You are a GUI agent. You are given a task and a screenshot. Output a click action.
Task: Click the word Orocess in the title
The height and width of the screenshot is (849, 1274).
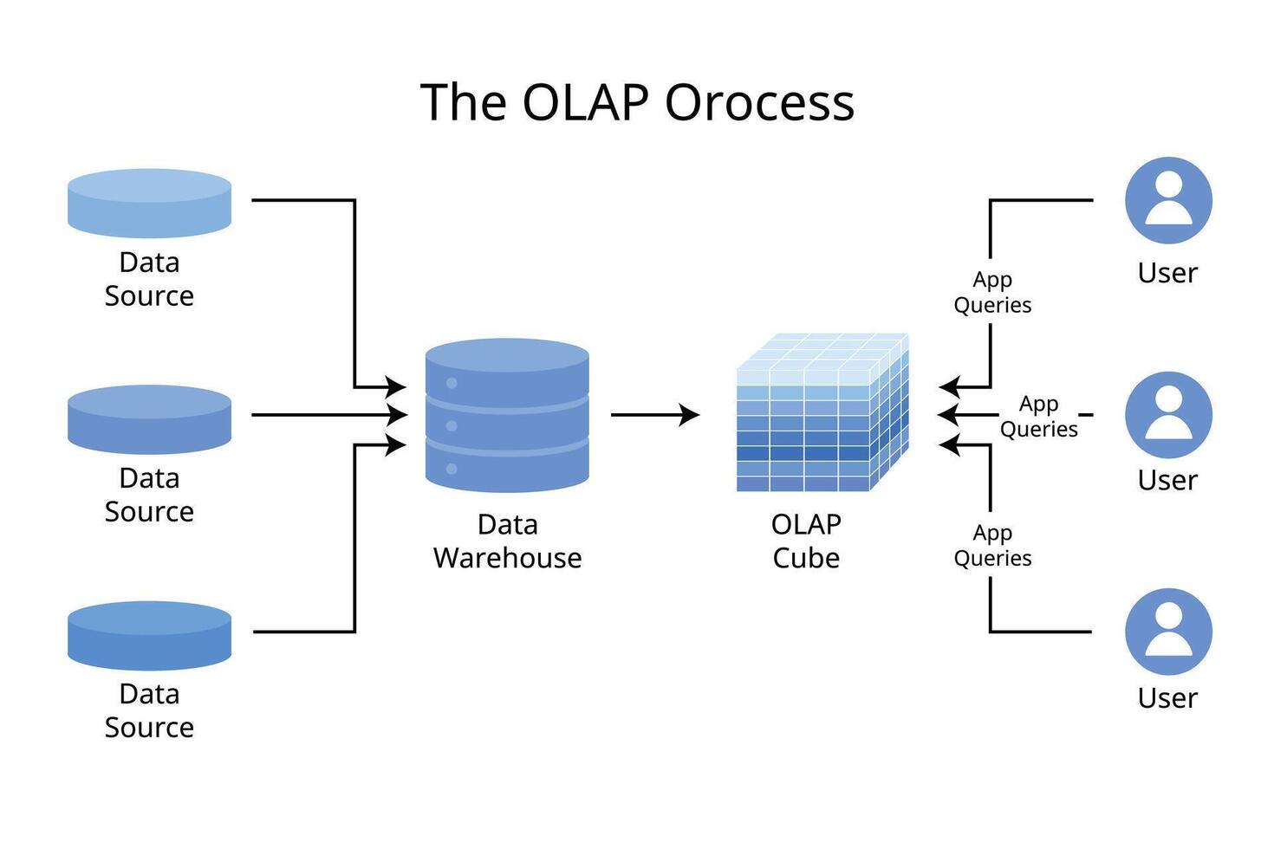(x=759, y=102)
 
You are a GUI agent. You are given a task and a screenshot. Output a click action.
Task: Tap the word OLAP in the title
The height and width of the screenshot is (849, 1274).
(x=585, y=102)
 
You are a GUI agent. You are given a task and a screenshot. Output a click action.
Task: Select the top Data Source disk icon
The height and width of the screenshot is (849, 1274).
(x=150, y=203)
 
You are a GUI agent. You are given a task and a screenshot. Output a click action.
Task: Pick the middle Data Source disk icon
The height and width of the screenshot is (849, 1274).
(x=150, y=419)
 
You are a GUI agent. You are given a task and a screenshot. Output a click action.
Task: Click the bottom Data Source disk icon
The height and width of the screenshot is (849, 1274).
(x=150, y=636)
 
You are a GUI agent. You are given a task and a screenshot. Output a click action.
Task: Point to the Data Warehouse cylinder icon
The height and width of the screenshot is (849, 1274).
(x=507, y=415)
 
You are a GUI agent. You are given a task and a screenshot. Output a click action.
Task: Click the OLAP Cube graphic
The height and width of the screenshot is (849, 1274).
(x=822, y=412)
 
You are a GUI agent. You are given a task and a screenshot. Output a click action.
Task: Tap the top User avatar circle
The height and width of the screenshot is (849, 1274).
(x=1169, y=200)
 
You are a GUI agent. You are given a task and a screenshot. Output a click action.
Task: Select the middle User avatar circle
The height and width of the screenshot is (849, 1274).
(x=1169, y=415)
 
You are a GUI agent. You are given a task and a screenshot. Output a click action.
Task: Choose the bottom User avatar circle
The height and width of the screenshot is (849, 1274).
(x=1169, y=632)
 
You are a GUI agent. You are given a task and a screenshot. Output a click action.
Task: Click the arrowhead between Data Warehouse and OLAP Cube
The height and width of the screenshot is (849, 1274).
(x=689, y=415)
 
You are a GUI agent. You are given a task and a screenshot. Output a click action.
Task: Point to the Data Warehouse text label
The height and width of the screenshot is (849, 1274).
(x=507, y=541)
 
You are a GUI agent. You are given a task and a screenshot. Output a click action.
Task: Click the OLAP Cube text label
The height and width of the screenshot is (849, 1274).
(x=807, y=541)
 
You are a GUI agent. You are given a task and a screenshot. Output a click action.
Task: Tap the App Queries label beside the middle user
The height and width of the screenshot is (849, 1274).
(x=1039, y=416)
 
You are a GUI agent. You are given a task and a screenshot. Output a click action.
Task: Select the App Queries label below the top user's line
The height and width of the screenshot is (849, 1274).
(x=992, y=292)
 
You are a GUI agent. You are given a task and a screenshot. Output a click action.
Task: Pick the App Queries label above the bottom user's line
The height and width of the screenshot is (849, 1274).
(x=992, y=546)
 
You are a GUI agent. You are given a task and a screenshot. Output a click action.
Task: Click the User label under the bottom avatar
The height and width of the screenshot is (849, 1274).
(x=1167, y=697)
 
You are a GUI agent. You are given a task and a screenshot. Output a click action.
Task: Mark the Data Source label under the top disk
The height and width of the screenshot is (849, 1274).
(x=150, y=279)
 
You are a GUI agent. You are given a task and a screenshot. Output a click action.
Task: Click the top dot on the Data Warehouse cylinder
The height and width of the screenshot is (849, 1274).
(x=452, y=383)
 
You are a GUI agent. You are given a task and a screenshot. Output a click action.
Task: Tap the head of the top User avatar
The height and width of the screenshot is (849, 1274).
(x=1169, y=184)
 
